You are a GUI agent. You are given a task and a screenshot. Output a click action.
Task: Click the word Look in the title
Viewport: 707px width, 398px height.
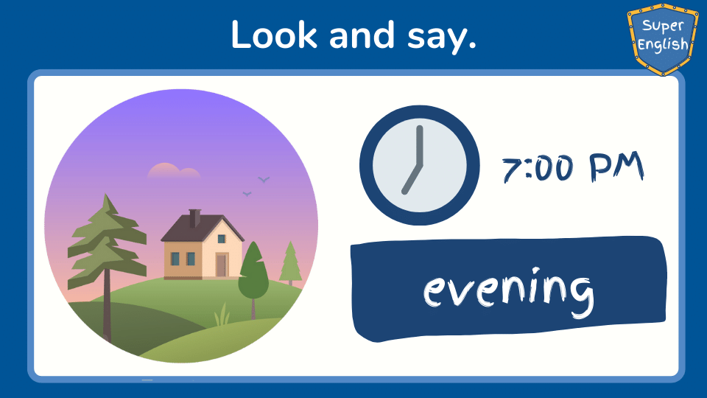(274, 35)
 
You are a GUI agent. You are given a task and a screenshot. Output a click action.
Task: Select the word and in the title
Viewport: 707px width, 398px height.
(362, 35)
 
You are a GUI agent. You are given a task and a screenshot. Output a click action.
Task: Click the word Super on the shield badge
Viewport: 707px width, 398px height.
(663, 27)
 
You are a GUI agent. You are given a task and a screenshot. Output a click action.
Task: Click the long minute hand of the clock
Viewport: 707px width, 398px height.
(420, 145)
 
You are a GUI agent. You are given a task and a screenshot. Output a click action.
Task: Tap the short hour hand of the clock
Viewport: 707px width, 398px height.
(412, 179)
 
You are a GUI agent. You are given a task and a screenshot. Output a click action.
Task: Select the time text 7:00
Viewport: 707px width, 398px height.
(538, 168)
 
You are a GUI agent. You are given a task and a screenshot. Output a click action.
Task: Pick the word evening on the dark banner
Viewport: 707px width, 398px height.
(508, 291)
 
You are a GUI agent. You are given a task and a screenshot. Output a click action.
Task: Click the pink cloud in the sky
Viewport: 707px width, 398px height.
(174, 170)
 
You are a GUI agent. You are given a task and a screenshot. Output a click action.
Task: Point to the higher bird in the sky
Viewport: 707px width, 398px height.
(264, 180)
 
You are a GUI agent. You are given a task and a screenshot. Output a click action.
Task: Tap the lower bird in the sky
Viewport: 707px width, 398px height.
(247, 194)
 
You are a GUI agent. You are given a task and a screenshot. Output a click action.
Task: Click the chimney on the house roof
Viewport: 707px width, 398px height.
(194, 218)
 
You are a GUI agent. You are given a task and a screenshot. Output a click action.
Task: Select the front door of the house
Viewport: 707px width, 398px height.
(221, 265)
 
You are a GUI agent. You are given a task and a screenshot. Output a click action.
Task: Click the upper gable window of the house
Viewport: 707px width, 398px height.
(222, 239)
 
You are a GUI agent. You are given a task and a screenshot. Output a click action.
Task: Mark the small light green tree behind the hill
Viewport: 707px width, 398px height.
(290, 263)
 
